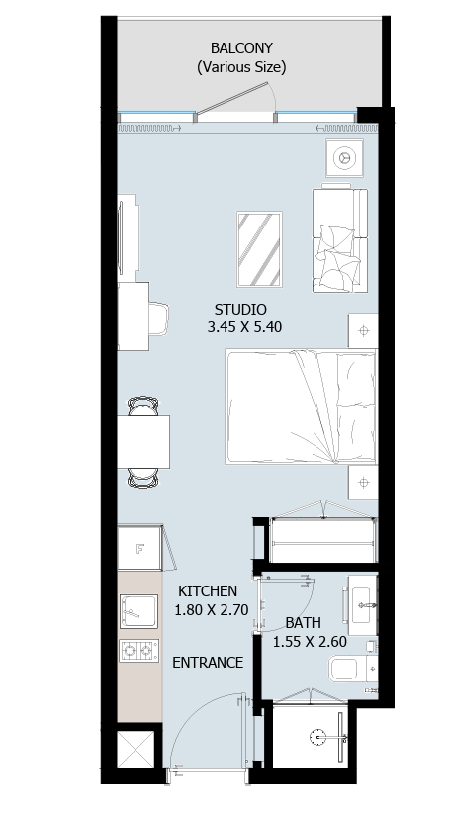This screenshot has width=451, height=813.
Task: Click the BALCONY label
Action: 241,48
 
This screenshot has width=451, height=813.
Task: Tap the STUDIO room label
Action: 240,310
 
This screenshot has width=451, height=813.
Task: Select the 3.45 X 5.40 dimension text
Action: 244,327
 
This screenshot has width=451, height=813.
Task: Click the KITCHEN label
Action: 208,591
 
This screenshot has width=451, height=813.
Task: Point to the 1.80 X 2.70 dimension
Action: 212,609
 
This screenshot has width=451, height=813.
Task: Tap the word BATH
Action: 304,623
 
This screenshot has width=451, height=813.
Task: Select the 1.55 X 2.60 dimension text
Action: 310,641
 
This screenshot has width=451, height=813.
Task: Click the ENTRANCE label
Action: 208,663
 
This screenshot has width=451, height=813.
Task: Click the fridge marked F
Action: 140,548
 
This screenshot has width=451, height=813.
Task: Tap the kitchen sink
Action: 138,612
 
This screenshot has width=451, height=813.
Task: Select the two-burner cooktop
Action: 138,651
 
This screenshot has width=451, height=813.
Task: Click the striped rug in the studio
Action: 259,249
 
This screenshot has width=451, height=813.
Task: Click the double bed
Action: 302,406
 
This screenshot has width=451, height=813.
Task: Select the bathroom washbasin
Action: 362,605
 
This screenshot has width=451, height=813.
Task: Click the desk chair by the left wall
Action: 158,318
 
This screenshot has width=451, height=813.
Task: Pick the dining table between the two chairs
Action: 143,442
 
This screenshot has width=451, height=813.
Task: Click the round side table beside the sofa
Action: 345,157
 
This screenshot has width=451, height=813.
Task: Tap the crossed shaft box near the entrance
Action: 135,750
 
